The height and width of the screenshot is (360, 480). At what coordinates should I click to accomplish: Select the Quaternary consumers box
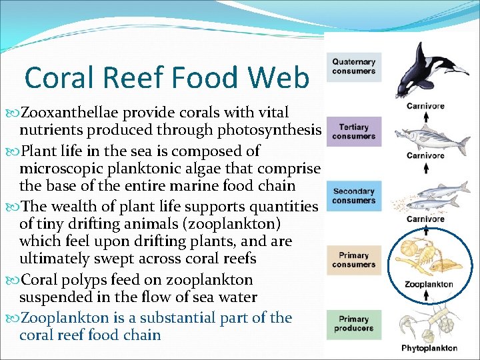pyautogui.click(x=354, y=67)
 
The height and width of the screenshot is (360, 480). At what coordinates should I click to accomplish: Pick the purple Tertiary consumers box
pyautogui.click(x=354, y=132)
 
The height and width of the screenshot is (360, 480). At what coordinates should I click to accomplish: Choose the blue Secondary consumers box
pyautogui.click(x=354, y=197)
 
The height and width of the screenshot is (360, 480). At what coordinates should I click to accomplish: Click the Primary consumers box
pyautogui.click(x=354, y=260)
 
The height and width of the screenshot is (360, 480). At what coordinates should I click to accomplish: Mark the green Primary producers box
pyautogui.click(x=354, y=324)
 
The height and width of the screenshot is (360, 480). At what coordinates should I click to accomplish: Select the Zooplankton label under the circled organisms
pyautogui.click(x=429, y=285)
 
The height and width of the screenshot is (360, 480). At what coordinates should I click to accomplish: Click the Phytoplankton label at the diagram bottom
pyautogui.click(x=429, y=348)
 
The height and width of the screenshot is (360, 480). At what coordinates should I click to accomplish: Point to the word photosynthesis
pyautogui.click(x=275, y=129)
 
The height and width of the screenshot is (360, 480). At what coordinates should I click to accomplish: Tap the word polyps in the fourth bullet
pyautogui.click(x=84, y=279)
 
